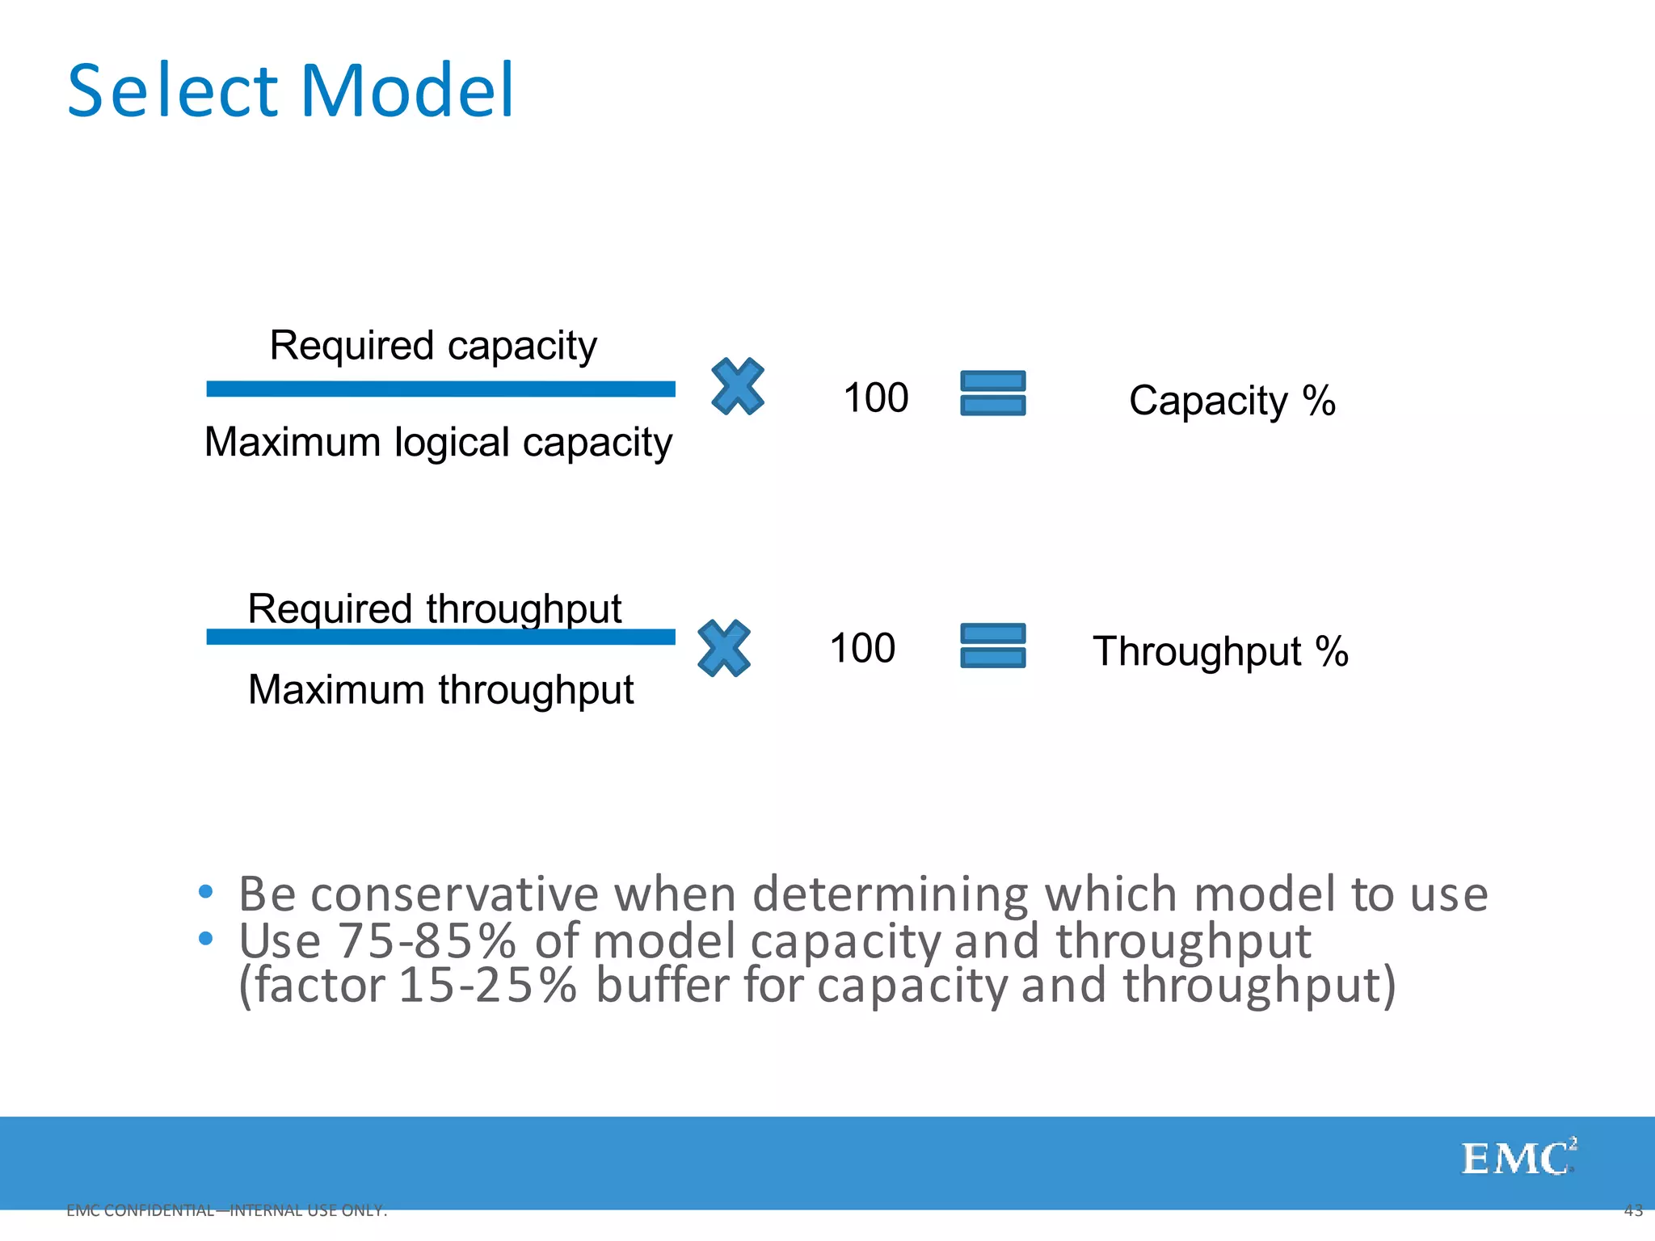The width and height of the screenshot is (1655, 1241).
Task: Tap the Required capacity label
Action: point(433,346)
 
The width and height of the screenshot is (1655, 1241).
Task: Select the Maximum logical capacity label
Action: point(438,443)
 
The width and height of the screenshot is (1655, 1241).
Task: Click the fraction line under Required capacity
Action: point(440,389)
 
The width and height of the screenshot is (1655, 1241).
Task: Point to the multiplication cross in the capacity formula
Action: point(737,387)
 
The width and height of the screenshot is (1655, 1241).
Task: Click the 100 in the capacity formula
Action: point(875,398)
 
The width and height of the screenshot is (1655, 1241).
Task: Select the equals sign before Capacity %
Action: point(993,393)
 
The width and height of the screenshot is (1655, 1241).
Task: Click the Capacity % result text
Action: point(1232,401)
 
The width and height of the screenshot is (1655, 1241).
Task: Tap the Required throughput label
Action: point(434,608)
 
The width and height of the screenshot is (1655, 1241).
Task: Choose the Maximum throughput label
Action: point(440,690)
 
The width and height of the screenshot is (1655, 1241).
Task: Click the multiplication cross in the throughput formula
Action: point(723,649)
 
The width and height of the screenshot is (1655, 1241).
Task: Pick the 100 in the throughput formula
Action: point(862,649)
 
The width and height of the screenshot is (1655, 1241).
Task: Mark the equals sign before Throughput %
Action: point(993,646)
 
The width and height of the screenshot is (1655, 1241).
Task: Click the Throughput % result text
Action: point(1220,652)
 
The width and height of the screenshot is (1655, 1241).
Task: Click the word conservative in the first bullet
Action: point(454,895)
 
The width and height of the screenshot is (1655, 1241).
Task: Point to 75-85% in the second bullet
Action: point(426,941)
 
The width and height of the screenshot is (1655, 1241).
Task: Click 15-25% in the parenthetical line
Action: point(487,986)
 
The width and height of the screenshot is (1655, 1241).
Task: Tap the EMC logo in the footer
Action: point(1518,1158)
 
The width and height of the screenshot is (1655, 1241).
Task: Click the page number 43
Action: point(1632,1210)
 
